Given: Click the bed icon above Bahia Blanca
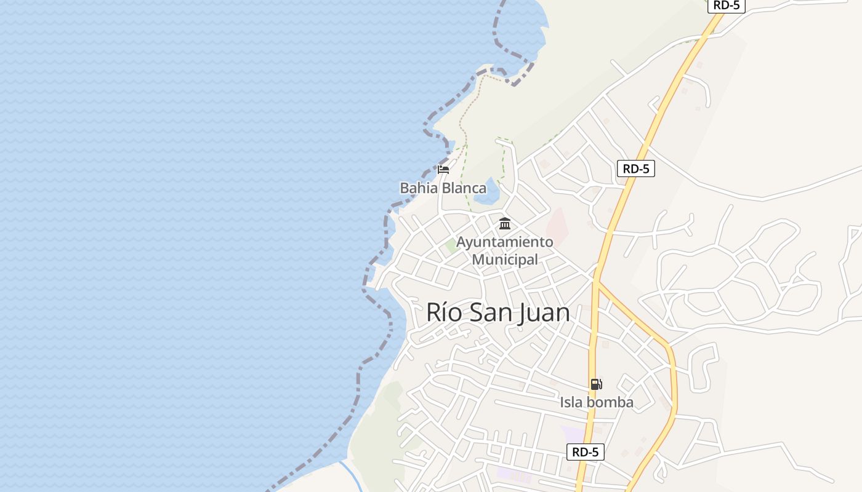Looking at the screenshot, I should [443, 169].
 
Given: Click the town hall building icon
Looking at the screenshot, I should [505, 223].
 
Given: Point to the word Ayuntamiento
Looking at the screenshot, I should [505, 242].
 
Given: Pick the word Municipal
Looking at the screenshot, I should [505, 260].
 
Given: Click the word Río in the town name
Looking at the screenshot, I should [443, 312].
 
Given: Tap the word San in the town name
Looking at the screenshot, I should [490, 312].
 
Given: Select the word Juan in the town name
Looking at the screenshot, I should [544, 312].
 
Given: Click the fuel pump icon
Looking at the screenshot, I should [596, 384].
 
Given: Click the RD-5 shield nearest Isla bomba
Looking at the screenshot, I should [585, 452].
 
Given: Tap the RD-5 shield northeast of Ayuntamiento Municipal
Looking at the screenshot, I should [636, 169].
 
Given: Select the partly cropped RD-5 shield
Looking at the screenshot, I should [727, 6].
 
